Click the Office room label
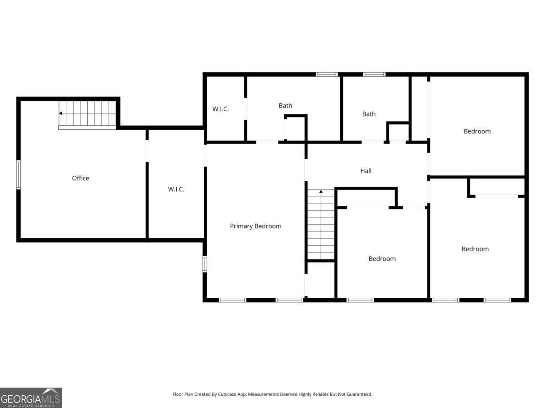(80, 178)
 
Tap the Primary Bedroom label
(256, 226)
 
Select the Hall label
(366, 171)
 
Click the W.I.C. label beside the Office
(176, 189)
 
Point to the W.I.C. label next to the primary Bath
(220, 109)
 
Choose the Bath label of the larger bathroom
(285, 106)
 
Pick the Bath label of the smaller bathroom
(369, 114)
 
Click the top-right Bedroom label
(477, 131)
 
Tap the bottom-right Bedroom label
(475, 249)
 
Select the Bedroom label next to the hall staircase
(382, 259)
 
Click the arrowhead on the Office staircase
(60, 113)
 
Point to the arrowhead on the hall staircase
(321, 191)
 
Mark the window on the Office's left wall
(18, 175)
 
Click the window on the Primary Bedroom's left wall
(204, 264)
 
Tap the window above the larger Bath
(327, 74)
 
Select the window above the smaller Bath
(374, 74)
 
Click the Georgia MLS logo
(31, 398)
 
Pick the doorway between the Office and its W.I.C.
(147, 151)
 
